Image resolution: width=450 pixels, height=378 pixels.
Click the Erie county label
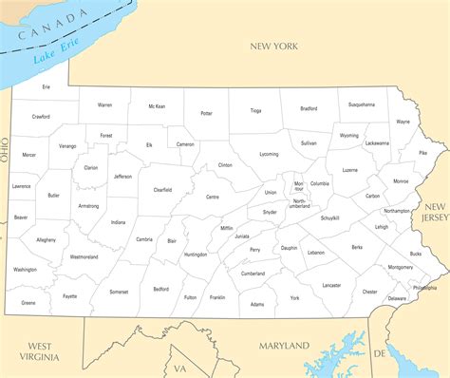click(46, 86)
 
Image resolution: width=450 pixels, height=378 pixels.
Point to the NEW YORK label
click(273, 46)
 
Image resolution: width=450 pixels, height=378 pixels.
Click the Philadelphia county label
click(425, 287)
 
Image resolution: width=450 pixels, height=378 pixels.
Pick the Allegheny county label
click(47, 239)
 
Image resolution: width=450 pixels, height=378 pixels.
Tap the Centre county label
click(213, 197)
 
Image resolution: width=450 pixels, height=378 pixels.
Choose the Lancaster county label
click(331, 284)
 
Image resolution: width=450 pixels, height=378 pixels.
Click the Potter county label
click(206, 113)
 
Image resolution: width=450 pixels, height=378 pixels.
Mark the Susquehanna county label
click(361, 104)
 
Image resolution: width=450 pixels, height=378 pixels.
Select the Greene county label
click(28, 302)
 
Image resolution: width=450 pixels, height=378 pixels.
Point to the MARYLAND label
click(284, 345)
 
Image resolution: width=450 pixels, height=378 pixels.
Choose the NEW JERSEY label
click(436, 212)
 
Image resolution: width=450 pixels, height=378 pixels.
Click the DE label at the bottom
click(380, 353)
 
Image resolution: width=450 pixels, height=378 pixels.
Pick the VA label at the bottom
click(179, 369)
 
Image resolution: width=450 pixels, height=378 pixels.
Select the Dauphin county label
click(290, 248)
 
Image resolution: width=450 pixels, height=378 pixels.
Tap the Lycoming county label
click(269, 153)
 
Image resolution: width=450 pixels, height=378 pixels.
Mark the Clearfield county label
click(162, 189)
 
